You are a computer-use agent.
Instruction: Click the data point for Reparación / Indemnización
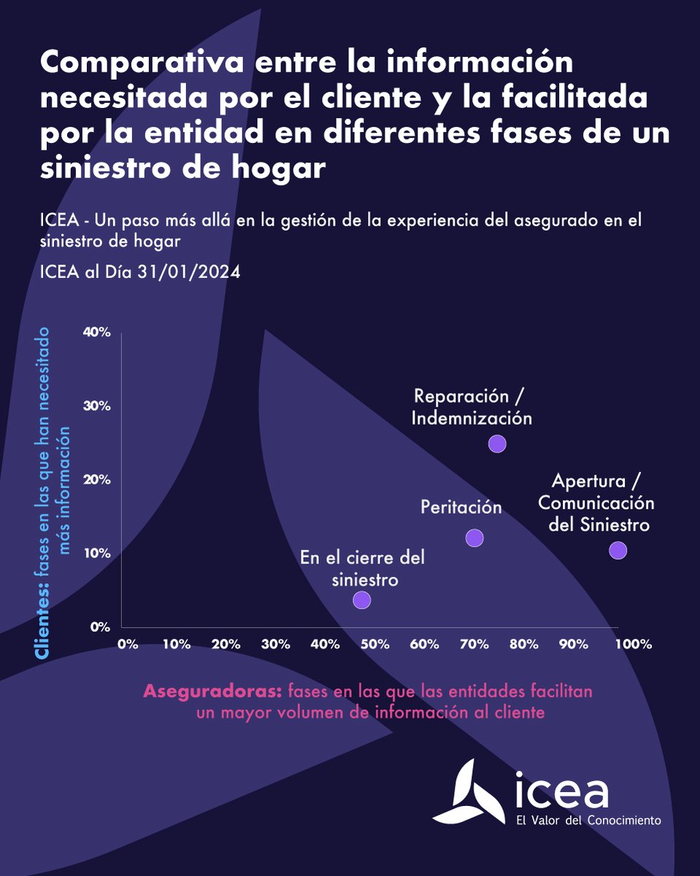[x=497, y=443]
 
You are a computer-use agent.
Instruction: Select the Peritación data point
[x=474, y=538]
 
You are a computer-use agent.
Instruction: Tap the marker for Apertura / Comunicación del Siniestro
[x=618, y=550]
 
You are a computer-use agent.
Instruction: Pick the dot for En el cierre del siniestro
[x=361, y=600]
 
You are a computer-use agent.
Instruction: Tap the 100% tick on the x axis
[x=632, y=645]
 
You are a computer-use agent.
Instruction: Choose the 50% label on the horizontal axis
[x=374, y=645]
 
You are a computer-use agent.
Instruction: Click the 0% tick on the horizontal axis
[x=127, y=645]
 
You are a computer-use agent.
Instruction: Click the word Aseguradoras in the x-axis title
[x=212, y=691]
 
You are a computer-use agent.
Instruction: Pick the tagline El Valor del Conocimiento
[x=588, y=821]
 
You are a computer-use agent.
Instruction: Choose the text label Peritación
[x=461, y=507]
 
